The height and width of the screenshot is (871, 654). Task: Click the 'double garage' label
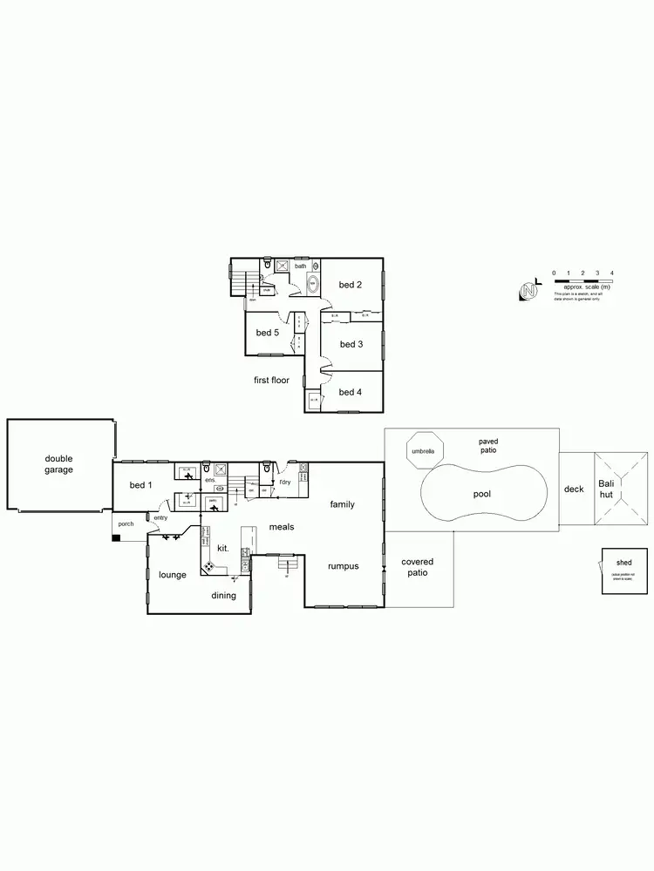tap(59, 464)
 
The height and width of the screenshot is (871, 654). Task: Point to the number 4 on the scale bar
tap(612, 273)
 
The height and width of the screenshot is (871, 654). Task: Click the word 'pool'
tap(482, 494)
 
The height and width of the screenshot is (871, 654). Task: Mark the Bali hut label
tap(606, 489)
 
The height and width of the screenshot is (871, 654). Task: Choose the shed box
tap(624, 571)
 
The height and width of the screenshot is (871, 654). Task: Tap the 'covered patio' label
tap(417, 567)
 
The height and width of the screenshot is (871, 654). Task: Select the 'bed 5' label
tap(267, 333)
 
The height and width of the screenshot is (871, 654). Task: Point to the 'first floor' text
tap(271, 380)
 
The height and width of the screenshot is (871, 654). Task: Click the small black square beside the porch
tap(115, 537)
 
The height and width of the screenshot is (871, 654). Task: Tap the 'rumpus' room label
tap(343, 566)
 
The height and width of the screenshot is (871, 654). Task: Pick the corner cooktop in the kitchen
tap(209, 566)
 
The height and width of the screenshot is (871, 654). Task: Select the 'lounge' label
tap(173, 575)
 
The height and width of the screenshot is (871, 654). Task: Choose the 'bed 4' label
tap(351, 392)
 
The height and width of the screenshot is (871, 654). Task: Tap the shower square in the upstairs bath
tap(282, 267)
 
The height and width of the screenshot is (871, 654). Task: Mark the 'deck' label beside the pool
tap(574, 490)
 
